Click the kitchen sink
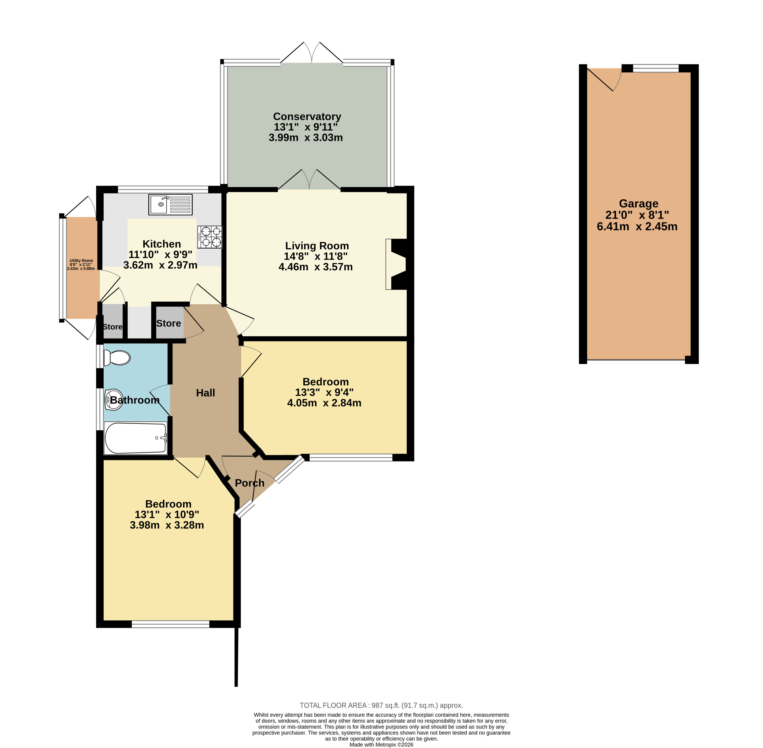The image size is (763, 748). pos(170,205)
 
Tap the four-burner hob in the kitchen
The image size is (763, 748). pos(210,237)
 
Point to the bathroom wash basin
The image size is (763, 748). pos(114,399)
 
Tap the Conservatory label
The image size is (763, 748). pos(307,117)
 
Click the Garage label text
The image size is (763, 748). pos(639,204)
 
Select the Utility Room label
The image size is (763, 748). pos(81,260)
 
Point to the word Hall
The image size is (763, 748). pos(205,393)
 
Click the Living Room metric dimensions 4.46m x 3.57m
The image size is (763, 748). pos(316,267)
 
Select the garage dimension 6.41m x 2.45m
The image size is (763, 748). pos(637,227)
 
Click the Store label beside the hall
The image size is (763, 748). pos(168,323)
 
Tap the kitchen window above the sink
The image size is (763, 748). pos(163,189)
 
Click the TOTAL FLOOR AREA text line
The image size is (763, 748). pos(381,705)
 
